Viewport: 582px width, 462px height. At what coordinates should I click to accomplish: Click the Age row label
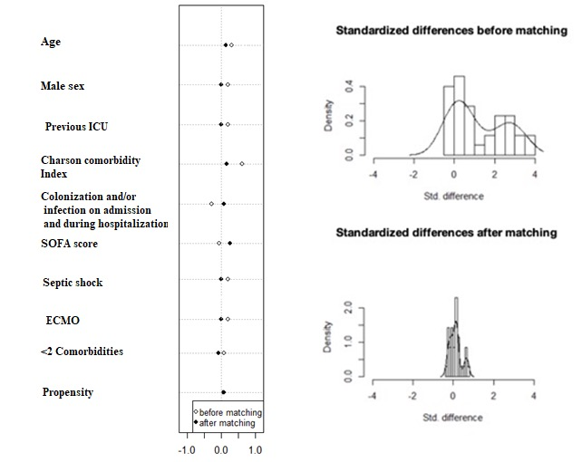(x=51, y=43)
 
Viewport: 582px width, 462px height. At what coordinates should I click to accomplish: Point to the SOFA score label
(x=69, y=244)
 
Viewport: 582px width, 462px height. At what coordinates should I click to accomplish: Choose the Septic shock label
(x=73, y=283)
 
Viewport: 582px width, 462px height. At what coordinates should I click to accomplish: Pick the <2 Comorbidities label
(x=82, y=351)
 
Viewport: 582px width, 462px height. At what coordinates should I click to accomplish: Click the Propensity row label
(x=67, y=392)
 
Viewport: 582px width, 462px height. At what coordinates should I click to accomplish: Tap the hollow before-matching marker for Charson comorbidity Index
(x=242, y=164)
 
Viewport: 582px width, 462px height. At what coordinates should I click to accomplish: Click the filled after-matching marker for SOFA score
(x=229, y=243)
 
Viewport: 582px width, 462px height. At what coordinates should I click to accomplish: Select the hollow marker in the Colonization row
(x=211, y=204)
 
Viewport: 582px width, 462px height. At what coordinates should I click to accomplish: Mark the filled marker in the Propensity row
(x=223, y=392)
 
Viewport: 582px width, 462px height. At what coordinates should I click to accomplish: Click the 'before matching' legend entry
(x=227, y=412)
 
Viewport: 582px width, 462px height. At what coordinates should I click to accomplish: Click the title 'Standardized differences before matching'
(x=451, y=31)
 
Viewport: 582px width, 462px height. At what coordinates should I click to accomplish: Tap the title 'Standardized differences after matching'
(x=446, y=233)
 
